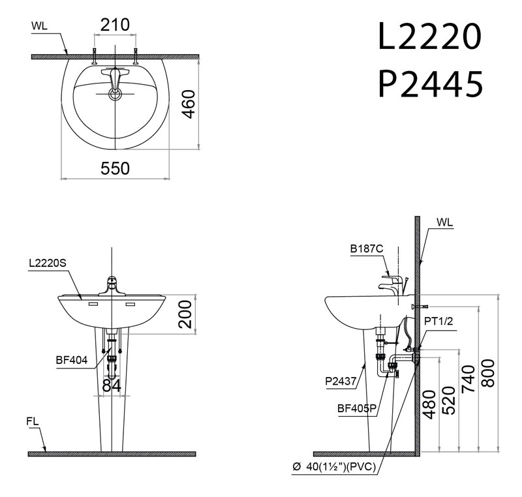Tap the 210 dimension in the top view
coord(115,25)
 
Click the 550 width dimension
coord(115,168)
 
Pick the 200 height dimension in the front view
coord(187,315)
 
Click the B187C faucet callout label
coord(366,248)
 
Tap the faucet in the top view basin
coord(115,82)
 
